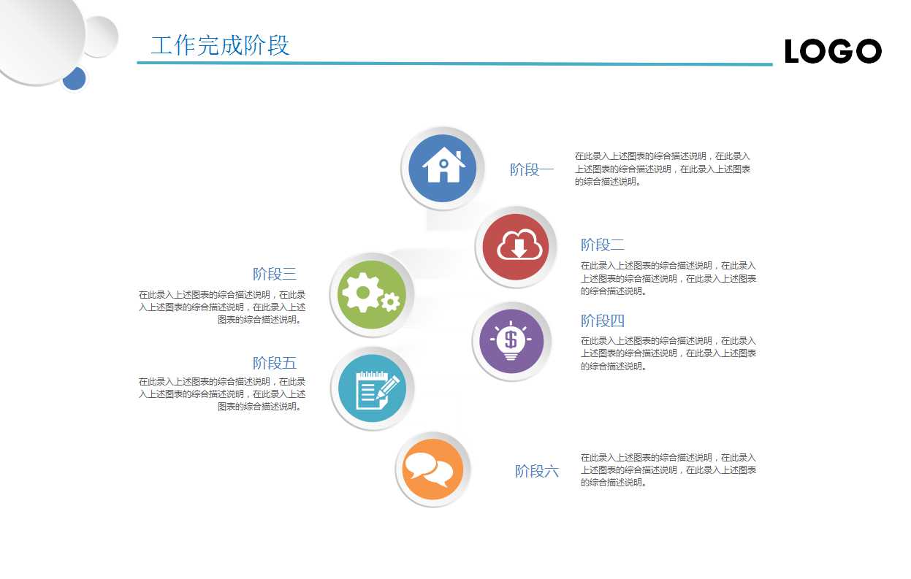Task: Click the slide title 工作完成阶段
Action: [x=220, y=45]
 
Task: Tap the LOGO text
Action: [x=833, y=52]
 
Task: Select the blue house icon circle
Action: [x=443, y=168]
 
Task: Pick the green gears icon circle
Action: [x=372, y=294]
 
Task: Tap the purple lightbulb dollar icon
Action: [x=511, y=340]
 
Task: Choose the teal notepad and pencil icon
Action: [x=373, y=388]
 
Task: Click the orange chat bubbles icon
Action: [x=432, y=469]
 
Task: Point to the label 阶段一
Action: [x=532, y=170]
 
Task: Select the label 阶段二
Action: [x=603, y=245]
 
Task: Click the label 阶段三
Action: [x=275, y=275]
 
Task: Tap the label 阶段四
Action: [x=603, y=321]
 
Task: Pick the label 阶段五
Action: [x=275, y=363]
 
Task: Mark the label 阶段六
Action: [x=537, y=471]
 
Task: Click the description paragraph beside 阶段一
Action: [x=662, y=169]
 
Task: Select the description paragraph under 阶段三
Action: [x=223, y=307]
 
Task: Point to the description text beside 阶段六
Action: [x=668, y=469]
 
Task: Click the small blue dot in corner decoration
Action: [x=74, y=78]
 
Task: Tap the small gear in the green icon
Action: [x=391, y=302]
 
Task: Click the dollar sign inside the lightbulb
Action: [x=511, y=339]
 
